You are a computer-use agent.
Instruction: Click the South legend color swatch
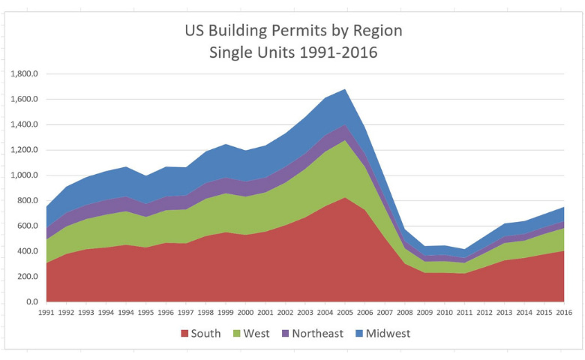183,333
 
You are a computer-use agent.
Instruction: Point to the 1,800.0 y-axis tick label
25,74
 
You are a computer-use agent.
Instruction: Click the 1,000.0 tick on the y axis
25,175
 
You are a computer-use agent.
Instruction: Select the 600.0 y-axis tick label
28,226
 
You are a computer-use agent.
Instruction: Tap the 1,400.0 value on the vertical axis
25,124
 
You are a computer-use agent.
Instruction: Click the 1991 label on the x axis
46,313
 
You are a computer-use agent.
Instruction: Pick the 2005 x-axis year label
344,313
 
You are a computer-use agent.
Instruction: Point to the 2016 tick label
562,313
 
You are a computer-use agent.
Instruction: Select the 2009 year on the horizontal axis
424,313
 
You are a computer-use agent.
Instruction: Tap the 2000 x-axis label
245,313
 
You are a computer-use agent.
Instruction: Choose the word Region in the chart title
375,31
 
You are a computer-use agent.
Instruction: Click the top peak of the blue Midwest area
345,90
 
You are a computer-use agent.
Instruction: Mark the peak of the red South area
345,198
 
